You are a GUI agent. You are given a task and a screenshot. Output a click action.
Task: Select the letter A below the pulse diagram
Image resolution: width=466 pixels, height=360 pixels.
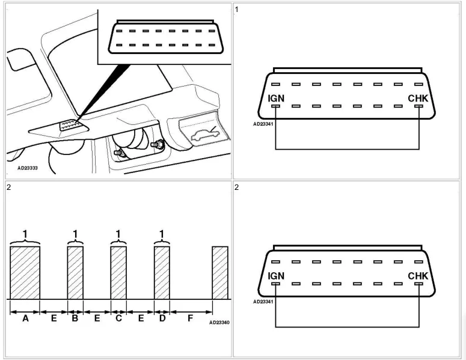pos(25,319)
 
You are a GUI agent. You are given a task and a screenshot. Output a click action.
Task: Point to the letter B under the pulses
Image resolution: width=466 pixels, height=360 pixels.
pos(75,319)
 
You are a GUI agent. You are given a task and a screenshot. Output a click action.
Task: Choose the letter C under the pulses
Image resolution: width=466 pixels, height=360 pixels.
pos(118,319)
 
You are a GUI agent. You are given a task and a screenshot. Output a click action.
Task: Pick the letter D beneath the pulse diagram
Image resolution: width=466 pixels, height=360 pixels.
pos(162,319)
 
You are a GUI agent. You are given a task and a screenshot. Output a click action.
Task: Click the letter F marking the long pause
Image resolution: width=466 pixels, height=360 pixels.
pos(191,319)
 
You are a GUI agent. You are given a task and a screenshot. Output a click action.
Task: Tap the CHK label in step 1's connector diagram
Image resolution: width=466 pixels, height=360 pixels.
pos(418,97)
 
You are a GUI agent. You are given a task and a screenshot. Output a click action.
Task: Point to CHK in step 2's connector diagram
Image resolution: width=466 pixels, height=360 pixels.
pos(418,276)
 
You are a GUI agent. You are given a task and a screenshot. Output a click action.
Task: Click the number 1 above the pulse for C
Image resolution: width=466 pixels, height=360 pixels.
pos(118,233)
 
